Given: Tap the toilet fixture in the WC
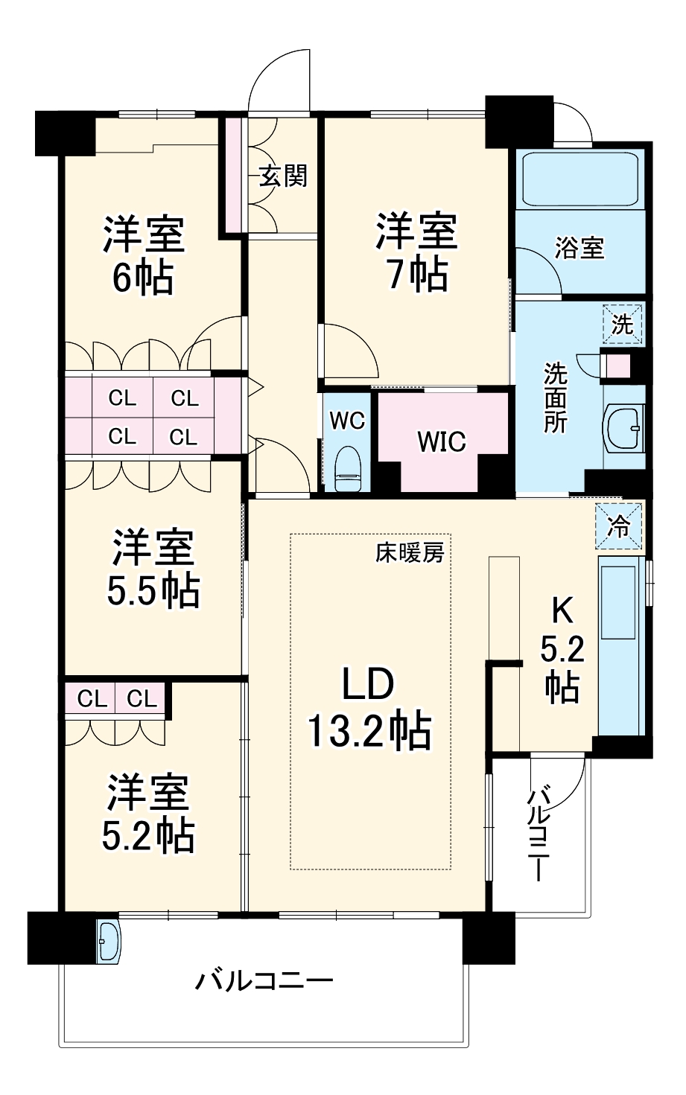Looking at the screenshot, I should click(x=347, y=469).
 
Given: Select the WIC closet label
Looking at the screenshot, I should click(x=441, y=441).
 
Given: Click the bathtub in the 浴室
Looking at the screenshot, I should click(x=580, y=179).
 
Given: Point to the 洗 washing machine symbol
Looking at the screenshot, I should click(x=622, y=325).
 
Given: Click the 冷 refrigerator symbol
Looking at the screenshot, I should click(x=619, y=526).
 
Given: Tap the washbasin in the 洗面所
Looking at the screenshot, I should click(x=624, y=428).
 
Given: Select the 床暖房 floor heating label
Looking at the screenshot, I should click(x=409, y=553).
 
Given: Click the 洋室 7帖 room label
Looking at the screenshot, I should click(x=416, y=252).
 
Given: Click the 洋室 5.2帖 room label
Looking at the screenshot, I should click(x=147, y=814).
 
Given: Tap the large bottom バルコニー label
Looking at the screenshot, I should click(x=264, y=981).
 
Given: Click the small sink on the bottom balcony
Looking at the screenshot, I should click(x=109, y=940).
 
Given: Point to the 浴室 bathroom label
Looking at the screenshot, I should click(x=579, y=248).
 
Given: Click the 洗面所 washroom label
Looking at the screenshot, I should click(x=555, y=397).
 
